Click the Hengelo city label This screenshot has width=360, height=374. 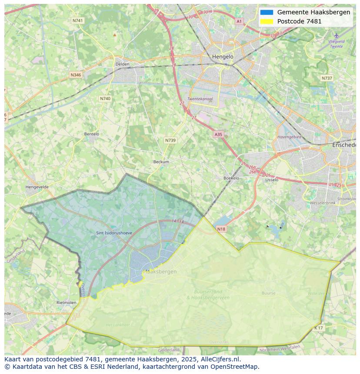(x=223, y=57)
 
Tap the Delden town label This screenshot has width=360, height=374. (x=123, y=64)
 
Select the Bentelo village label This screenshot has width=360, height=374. (x=91, y=134)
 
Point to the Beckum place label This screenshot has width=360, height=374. (x=161, y=162)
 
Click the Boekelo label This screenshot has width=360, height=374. (x=231, y=178)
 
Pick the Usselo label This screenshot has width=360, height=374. (x=272, y=180)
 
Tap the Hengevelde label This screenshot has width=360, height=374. (x=37, y=187)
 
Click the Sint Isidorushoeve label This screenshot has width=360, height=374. (x=114, y=233)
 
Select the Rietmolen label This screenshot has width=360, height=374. (x=66, y=302)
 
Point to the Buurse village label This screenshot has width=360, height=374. (x=268, y=293)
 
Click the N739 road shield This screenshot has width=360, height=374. (x=170, y=140)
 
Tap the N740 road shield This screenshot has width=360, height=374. (x=105, y=99)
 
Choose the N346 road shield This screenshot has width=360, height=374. (x=76, y=75)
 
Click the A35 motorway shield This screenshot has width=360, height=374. (x=218, y=135)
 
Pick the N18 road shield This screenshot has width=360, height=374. (x=221, y=229)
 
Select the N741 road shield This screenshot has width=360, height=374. (x=78, y=20)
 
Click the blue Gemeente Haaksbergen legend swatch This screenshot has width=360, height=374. (x=267, y=12)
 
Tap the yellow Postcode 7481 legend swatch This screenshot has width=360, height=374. (x=267, y=21)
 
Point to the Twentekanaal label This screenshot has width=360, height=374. (x=200, y=99)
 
